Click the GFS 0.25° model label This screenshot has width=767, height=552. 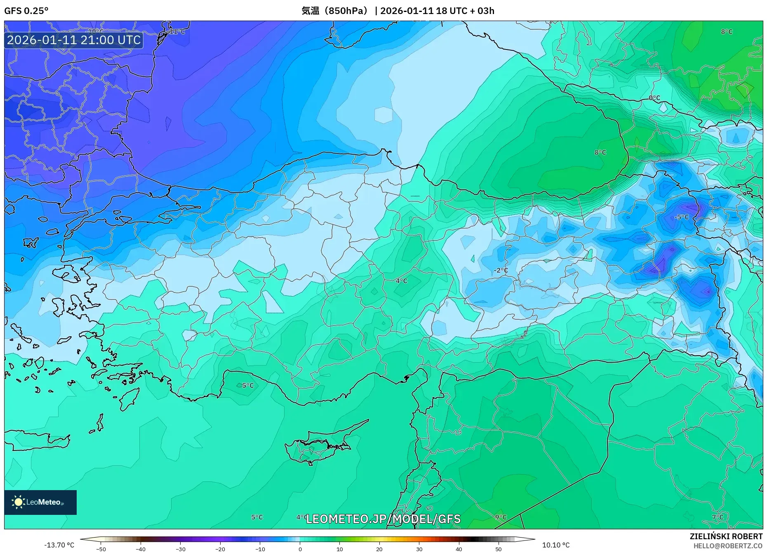[x=26, y=11]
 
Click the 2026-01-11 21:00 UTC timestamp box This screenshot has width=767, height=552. [x=74, y=40]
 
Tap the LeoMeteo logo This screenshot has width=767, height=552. [x=40, y=502]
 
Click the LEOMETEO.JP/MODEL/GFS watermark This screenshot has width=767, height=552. [x=383, y=519]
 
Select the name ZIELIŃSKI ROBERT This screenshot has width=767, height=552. [x=726, y=536]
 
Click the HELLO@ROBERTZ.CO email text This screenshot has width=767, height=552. [x=727, y=546]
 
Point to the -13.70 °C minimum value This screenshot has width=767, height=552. [x=59, y=545]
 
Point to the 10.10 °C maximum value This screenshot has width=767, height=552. [x=555, y=545]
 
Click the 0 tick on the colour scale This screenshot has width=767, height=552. [x=300, y=549]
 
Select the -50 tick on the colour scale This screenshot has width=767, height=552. [x=101, y=549]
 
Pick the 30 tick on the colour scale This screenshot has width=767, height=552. [x=419, y=549]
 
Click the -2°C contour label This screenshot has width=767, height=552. [x=501, y=270]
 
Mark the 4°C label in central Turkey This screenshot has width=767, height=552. [x=401, y=281]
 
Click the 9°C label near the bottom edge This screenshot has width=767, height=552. [x=501, y=517]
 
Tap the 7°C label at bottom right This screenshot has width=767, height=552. [x=718, y=517]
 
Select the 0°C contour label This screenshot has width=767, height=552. [x=654, y=98]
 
